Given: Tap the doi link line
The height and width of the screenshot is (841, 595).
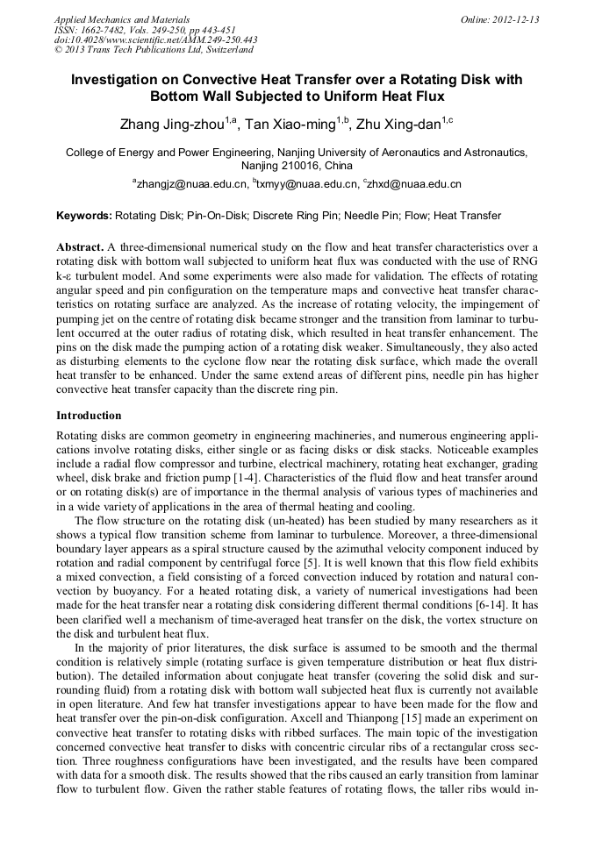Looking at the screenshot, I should tap(155, 39).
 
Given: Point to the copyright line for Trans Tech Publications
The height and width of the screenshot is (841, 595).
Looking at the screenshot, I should tap(154, 50).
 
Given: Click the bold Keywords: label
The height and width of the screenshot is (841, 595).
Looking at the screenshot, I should tap(84, 216).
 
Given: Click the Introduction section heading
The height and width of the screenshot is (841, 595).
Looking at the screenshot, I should tap(89, 415).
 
